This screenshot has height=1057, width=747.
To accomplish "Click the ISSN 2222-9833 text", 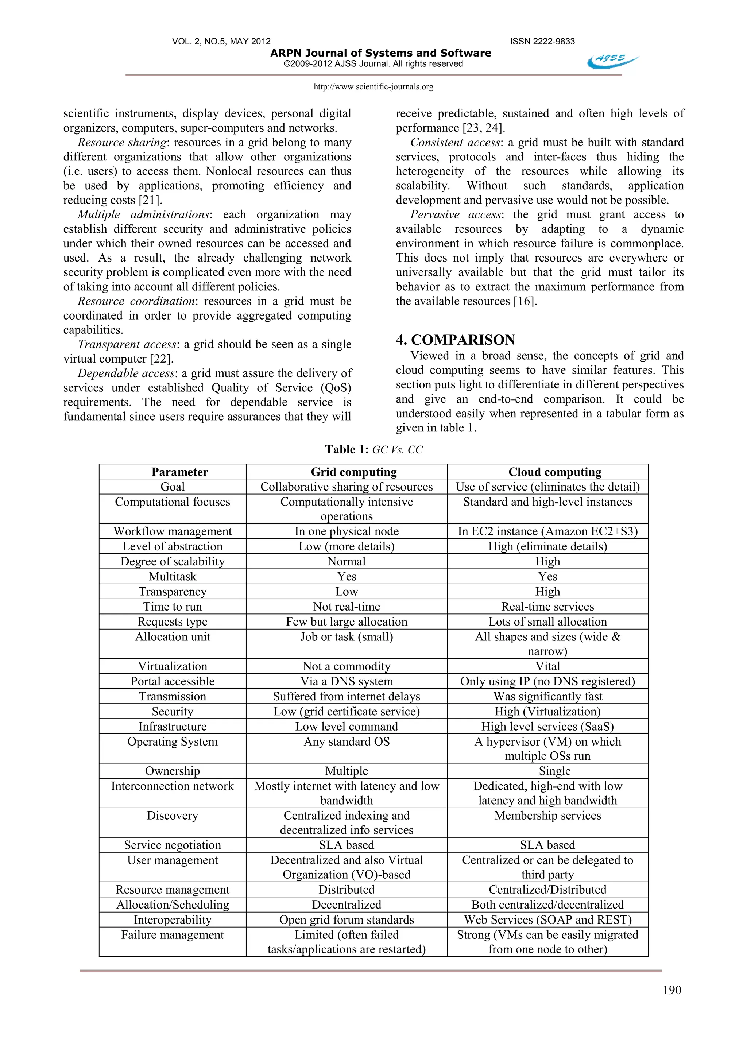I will pyautogui.click(x=542, y=42).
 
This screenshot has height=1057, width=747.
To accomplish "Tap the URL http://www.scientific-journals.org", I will pyautogui.click(x=373, y=86).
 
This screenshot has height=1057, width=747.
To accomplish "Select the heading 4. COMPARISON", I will pyautogui.click(x=455, y=340).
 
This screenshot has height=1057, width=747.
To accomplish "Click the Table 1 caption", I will pyautogui.click(x=373, y=450).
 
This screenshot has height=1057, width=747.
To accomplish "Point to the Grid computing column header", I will pyautogui.click(x=353, y=472).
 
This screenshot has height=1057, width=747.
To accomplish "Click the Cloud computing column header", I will pyautogui.click(x=555, y=472).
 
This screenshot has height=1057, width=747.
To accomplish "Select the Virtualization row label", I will pyautogui.click(x=173, y=666).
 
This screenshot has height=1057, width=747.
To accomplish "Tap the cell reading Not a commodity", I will pyautogui.click(x=346, y=666).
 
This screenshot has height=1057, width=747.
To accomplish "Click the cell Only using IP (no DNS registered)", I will pyautogui.click(x=547, y=681).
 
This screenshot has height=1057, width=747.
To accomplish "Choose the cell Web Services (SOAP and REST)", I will pyautogui.click(x=547, y=919).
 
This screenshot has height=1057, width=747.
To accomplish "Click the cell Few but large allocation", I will pyautogui.click(x=346, y=622).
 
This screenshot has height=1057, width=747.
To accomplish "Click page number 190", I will pyautogui.click(x=672, y=990).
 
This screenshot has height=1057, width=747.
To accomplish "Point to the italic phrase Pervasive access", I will pyautogui.click(x=455, y=214).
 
